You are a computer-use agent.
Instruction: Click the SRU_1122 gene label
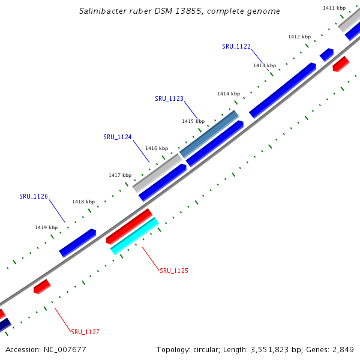click(236, 46)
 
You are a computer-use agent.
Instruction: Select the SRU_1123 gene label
click(169, 98)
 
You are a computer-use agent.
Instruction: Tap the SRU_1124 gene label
click(118, 137)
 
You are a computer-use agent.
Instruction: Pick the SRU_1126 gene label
click(34, 196)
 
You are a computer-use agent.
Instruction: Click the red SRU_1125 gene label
click(174, 271)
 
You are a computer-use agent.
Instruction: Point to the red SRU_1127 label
click(85, 332)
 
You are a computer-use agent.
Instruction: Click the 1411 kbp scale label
click(334, 8)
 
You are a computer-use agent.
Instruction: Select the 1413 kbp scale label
click(265, 65)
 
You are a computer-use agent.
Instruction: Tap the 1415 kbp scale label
click(193, 121)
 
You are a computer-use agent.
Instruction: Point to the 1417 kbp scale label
click(120, 175)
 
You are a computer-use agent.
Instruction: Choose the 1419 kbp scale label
click(46, 227)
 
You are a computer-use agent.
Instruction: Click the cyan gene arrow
click(134, 236)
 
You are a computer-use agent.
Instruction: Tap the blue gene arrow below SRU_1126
click(77, 242)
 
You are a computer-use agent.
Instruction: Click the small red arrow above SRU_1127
click(41, 286)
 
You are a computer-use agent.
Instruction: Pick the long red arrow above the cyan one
click(130, 226)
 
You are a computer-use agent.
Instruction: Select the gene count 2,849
click(342, 349)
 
